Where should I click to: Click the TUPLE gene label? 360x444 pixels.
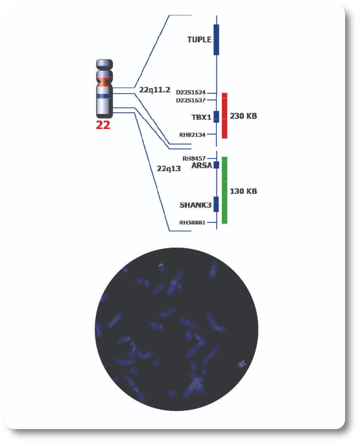(199, 40)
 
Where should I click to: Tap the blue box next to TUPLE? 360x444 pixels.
(216, 40)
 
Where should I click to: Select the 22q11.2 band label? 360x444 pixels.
(155, 89)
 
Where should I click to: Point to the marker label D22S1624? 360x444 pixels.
(191, 92)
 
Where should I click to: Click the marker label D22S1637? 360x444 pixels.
(191, 100)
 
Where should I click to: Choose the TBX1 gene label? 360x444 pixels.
(201, 117)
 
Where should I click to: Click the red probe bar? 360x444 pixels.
(224, 115)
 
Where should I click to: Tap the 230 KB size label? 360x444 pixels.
(243, 116)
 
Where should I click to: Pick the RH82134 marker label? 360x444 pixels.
(192, 135)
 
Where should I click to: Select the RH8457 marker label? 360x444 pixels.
(194, 158)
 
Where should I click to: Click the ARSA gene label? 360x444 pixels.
(202, 165)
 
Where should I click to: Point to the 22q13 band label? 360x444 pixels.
(169, 169)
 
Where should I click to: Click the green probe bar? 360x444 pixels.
(224, 190)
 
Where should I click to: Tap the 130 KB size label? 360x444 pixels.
(243, 191)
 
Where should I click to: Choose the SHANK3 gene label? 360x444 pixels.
(196, 205)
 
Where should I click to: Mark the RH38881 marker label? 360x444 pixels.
(192, 222)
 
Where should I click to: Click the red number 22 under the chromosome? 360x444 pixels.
(103, 125)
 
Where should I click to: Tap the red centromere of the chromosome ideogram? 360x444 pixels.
(104, 82)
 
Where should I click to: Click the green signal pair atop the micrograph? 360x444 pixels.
(161, 265)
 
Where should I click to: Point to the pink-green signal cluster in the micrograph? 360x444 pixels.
(242, 364)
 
